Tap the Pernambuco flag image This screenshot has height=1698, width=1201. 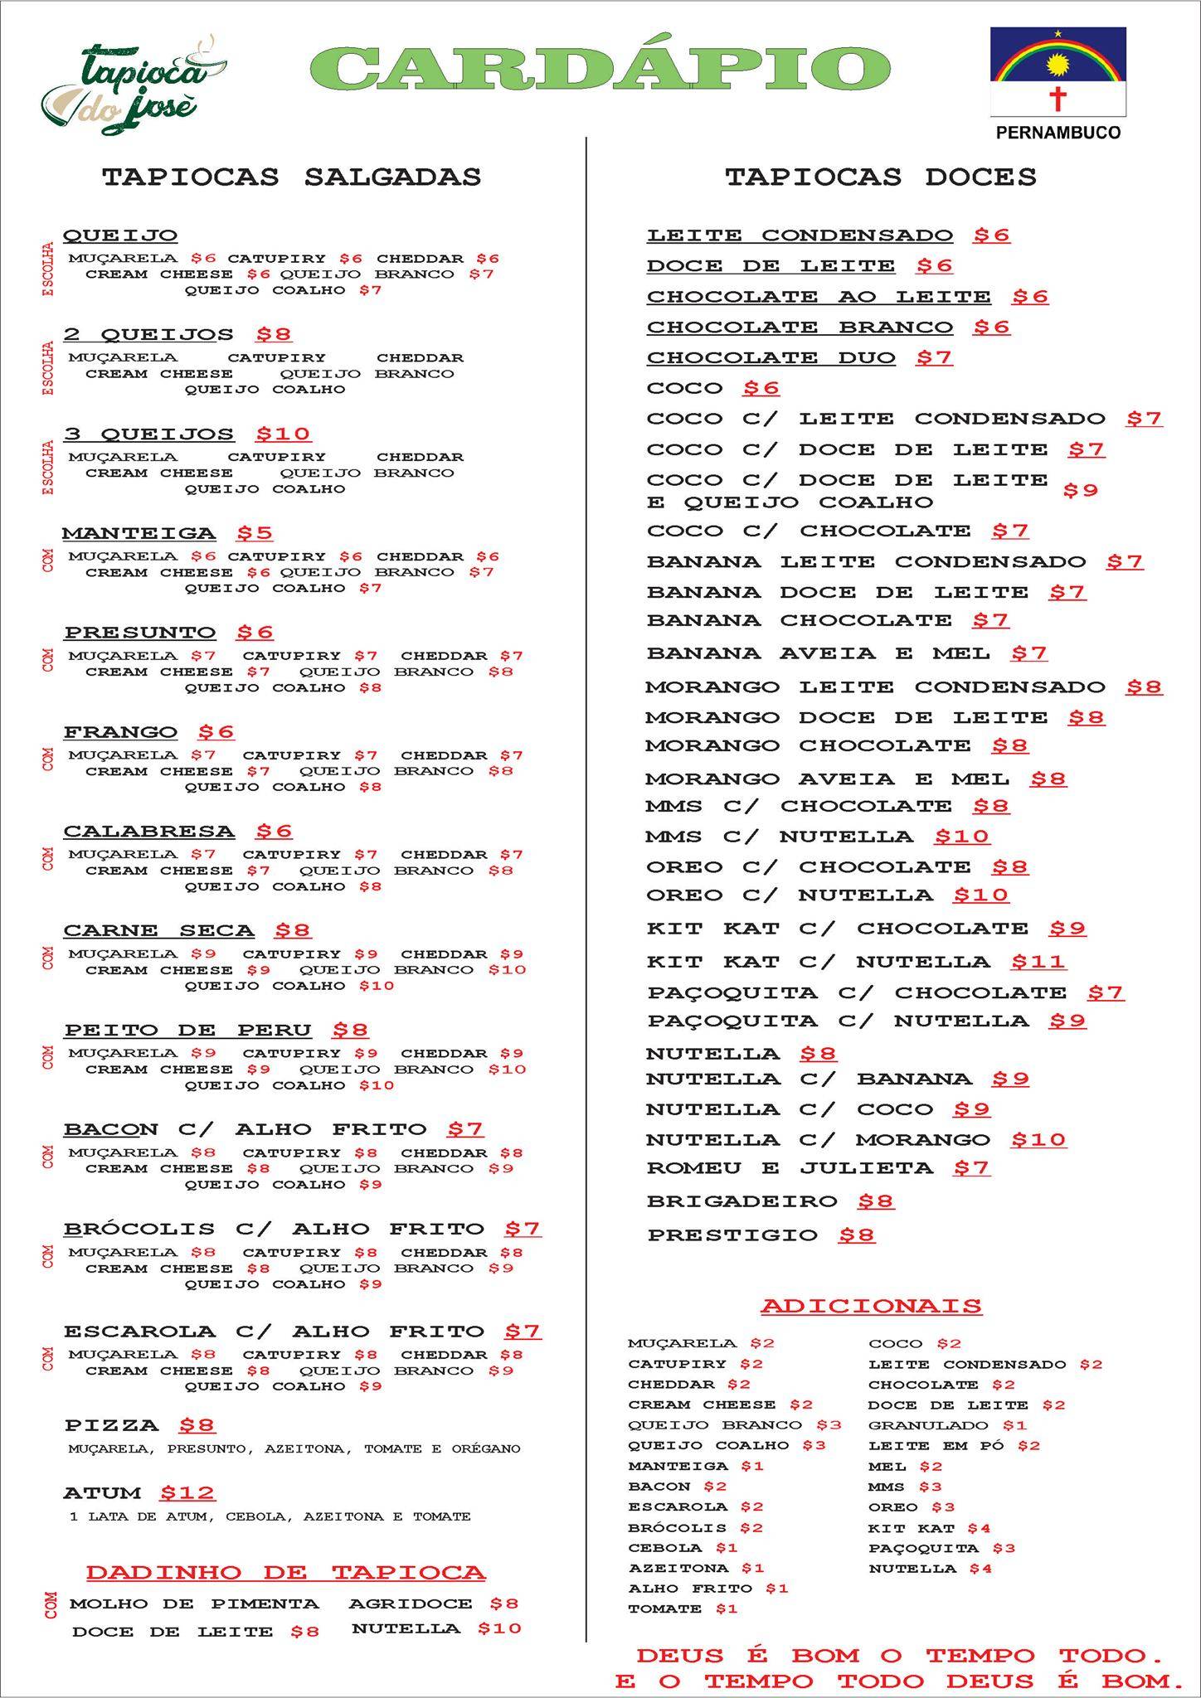(1058, 72)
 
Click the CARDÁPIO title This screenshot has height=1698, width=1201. (600, 68)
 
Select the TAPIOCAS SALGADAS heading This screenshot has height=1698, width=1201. (291, 177)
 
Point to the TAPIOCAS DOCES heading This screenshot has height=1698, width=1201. (881, 177)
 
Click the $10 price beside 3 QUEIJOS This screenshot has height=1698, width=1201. (283, 434)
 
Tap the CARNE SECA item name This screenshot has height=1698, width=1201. (159, 931)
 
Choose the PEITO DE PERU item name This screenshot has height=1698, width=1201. (188, 1031)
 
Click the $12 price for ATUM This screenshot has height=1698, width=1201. (187, 1493)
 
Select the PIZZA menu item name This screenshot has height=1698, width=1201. (112, 1426)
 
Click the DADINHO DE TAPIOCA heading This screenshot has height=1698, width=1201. (286, 1573)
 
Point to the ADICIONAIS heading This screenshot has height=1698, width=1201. (871, 1306)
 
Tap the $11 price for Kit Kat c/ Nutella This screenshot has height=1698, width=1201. (1038, 962)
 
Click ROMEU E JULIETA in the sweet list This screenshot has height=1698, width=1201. (790, 1168)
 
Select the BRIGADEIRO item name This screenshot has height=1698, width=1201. (742, 1201)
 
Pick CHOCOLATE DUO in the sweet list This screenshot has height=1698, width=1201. (771, 358)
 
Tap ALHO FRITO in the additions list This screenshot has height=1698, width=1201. (691, 1589)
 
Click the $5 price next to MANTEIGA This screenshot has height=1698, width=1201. (255, 533)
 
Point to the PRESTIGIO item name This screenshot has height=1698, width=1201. (732, 1235)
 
